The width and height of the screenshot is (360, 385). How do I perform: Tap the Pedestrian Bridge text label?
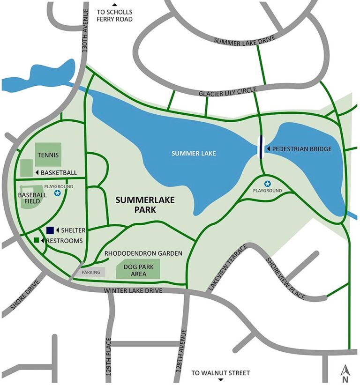point(302,149)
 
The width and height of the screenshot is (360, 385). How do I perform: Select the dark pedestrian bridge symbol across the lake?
point(260,147)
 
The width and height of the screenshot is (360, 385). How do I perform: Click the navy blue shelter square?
point(50,230)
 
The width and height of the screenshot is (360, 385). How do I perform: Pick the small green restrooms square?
point(36,240)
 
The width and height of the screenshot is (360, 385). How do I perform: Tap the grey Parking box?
point(91,272)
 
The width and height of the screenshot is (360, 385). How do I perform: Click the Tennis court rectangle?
point(48,154)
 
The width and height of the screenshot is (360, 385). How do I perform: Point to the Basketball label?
point(59,173)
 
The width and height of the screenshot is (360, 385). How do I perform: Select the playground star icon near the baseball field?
point(57,193)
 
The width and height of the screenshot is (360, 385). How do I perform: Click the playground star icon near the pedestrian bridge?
point(267,184)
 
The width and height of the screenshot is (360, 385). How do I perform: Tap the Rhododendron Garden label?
point(143,253)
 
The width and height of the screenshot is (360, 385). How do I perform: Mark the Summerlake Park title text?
point(145,205)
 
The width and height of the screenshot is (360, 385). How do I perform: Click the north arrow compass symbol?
point(345,372)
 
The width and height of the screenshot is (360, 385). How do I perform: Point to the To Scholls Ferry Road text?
point(114,15)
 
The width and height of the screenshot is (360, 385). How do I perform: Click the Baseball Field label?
point(32,199)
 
